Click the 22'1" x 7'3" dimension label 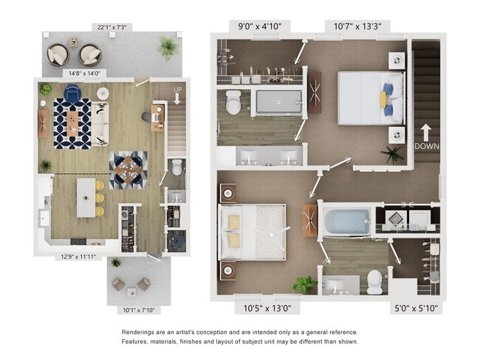pos(112,27)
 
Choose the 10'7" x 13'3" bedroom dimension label pos(357,27)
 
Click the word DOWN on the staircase pos(426,146)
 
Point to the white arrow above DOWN pos(426,132)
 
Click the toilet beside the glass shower pos(233,103)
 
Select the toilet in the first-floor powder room pos(176,169)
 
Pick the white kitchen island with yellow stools pos(86,198)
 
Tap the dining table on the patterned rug pos(128,170)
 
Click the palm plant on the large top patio pos(168,48)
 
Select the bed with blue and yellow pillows pos(371,97)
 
